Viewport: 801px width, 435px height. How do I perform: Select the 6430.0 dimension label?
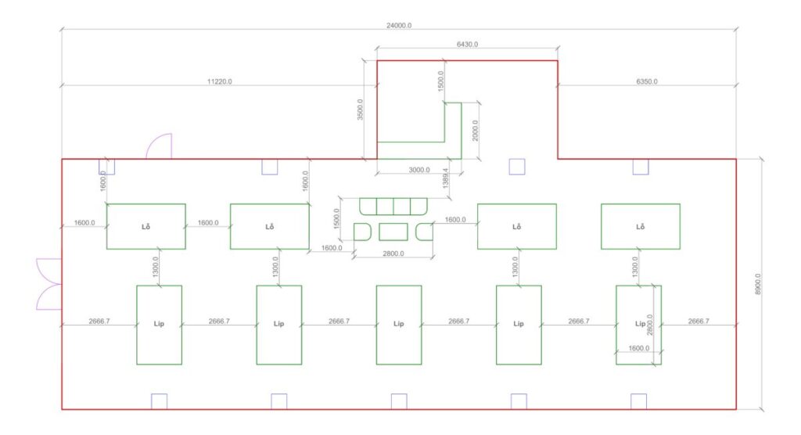point(467,45)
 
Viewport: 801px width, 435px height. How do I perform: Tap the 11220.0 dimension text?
point(219,81)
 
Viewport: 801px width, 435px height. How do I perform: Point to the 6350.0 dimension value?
point(646,81)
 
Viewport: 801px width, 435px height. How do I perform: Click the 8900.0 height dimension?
point(757,283)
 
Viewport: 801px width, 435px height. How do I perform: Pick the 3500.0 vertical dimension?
point(359,110)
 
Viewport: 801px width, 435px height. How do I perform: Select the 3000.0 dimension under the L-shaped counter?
point(418,170)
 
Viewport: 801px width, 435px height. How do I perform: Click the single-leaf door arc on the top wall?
point(160,146)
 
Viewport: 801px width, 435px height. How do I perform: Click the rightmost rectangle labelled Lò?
point(640,226)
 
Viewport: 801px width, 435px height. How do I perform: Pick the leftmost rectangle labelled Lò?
point(145,226)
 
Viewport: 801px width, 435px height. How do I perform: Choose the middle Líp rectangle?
point(398,325)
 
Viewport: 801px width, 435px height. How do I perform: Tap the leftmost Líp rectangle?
point(159,325)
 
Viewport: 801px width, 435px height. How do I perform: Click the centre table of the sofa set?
point(393,232)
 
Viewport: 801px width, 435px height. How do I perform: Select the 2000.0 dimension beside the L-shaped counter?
point(475,129)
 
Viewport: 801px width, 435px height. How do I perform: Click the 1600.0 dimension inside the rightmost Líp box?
point(638,348)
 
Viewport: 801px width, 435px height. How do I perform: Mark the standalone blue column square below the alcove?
point(516,166)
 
